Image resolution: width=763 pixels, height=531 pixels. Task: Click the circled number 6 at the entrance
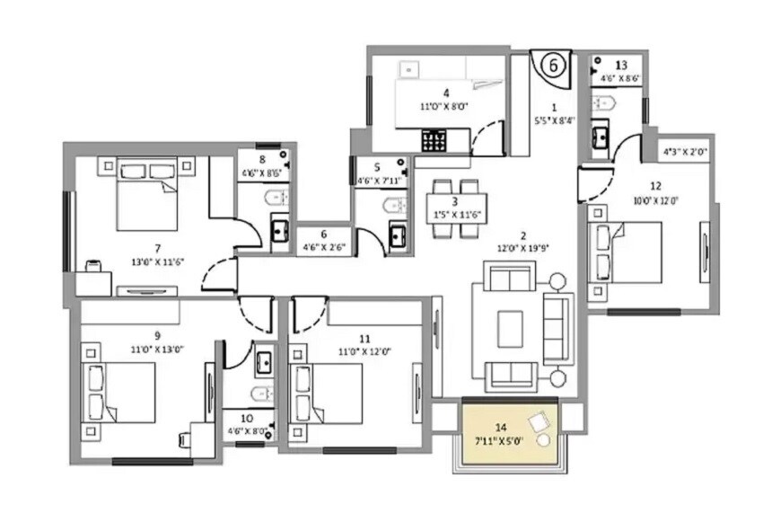point(554,66)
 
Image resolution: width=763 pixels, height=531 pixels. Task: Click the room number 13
point(621,65)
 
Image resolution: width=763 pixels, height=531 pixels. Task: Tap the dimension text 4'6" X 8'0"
point(245,430)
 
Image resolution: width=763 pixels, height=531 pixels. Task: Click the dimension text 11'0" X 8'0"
point(445,105)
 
